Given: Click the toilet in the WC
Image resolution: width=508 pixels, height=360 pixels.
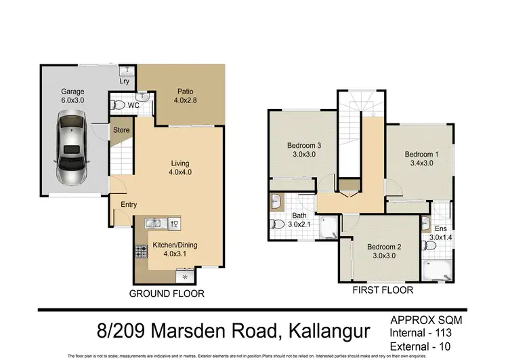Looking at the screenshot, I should [119, 105].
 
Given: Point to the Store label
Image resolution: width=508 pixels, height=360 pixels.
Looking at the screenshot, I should [121, 129].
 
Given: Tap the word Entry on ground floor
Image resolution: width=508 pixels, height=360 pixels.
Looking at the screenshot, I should [129, 205].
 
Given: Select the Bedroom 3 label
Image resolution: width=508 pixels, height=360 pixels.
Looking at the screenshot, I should [304, 150].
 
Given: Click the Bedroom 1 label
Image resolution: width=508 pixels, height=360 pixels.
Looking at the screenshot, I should [421, 159].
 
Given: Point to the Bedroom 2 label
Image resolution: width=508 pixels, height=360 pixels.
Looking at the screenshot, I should [384, 251].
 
